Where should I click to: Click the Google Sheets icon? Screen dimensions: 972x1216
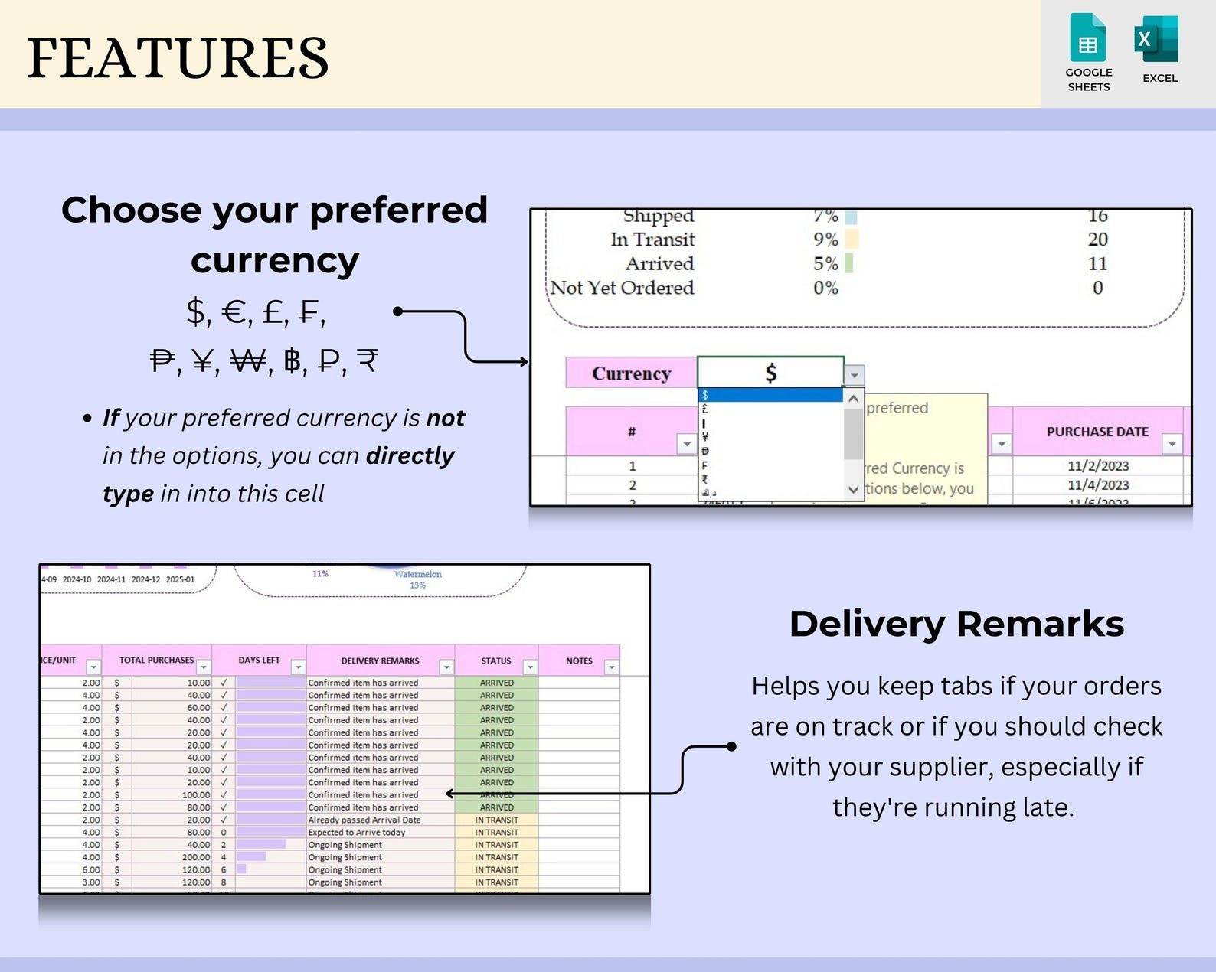point(1088,38)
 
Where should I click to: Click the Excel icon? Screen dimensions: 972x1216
point(1157,38)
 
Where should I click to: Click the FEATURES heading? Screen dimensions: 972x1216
point(178,58)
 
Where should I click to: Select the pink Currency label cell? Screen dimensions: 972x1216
point(631,373)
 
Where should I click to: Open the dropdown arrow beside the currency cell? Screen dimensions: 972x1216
point(855,375)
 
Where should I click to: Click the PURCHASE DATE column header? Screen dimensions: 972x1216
point(1097,432)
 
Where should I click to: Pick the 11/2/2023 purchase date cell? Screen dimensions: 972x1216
point(1098,465)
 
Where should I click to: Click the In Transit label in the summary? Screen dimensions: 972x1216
point(652,240)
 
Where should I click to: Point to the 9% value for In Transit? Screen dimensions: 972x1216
point(825,240)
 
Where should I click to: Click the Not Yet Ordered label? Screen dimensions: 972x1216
point(622,288)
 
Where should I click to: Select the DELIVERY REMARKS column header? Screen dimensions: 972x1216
point(380,661)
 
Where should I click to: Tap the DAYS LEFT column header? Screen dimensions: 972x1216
point(259,660)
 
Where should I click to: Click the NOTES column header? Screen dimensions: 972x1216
point(579,661)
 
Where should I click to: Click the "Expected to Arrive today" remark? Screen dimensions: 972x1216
point(357,832)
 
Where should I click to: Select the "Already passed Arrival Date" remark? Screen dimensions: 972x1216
point(364,820)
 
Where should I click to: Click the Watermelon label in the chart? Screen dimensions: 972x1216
point(418,574)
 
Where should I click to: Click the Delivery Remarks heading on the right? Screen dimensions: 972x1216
point(956,624)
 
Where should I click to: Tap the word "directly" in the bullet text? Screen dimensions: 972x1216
point(410,455)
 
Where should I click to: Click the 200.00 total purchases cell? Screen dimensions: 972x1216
point(196,857)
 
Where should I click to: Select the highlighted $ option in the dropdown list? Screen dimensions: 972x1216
point(770,395)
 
